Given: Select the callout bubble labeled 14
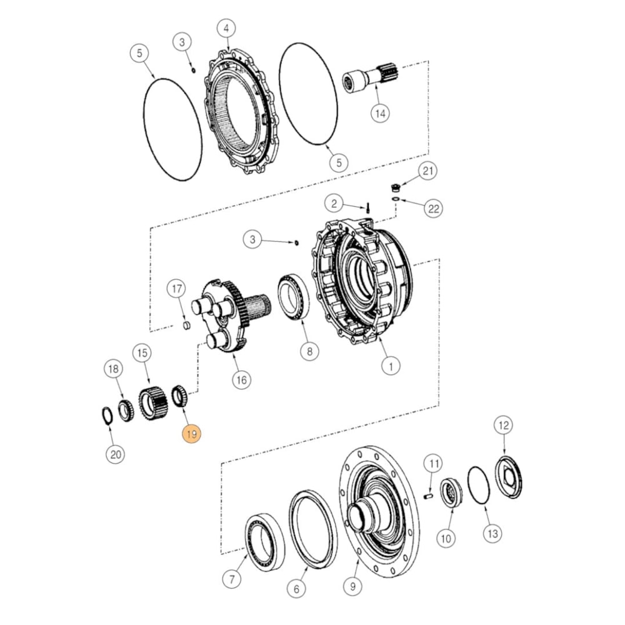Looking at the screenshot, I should tap(379, 113).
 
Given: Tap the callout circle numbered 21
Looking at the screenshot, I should tap(428, 171).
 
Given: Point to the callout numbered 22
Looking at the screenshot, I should tap(432, 209).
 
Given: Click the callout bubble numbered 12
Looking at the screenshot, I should tap(502, 426).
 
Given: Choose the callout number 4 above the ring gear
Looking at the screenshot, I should tap(226, 28).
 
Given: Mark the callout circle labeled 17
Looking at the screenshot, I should tap(176, 288).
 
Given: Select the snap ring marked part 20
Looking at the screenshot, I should tap(106, 415).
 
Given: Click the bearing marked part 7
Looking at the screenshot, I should tap(264, 540).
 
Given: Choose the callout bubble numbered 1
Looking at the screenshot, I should tap(391, 366).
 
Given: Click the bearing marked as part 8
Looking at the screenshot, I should tap(293, 297).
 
